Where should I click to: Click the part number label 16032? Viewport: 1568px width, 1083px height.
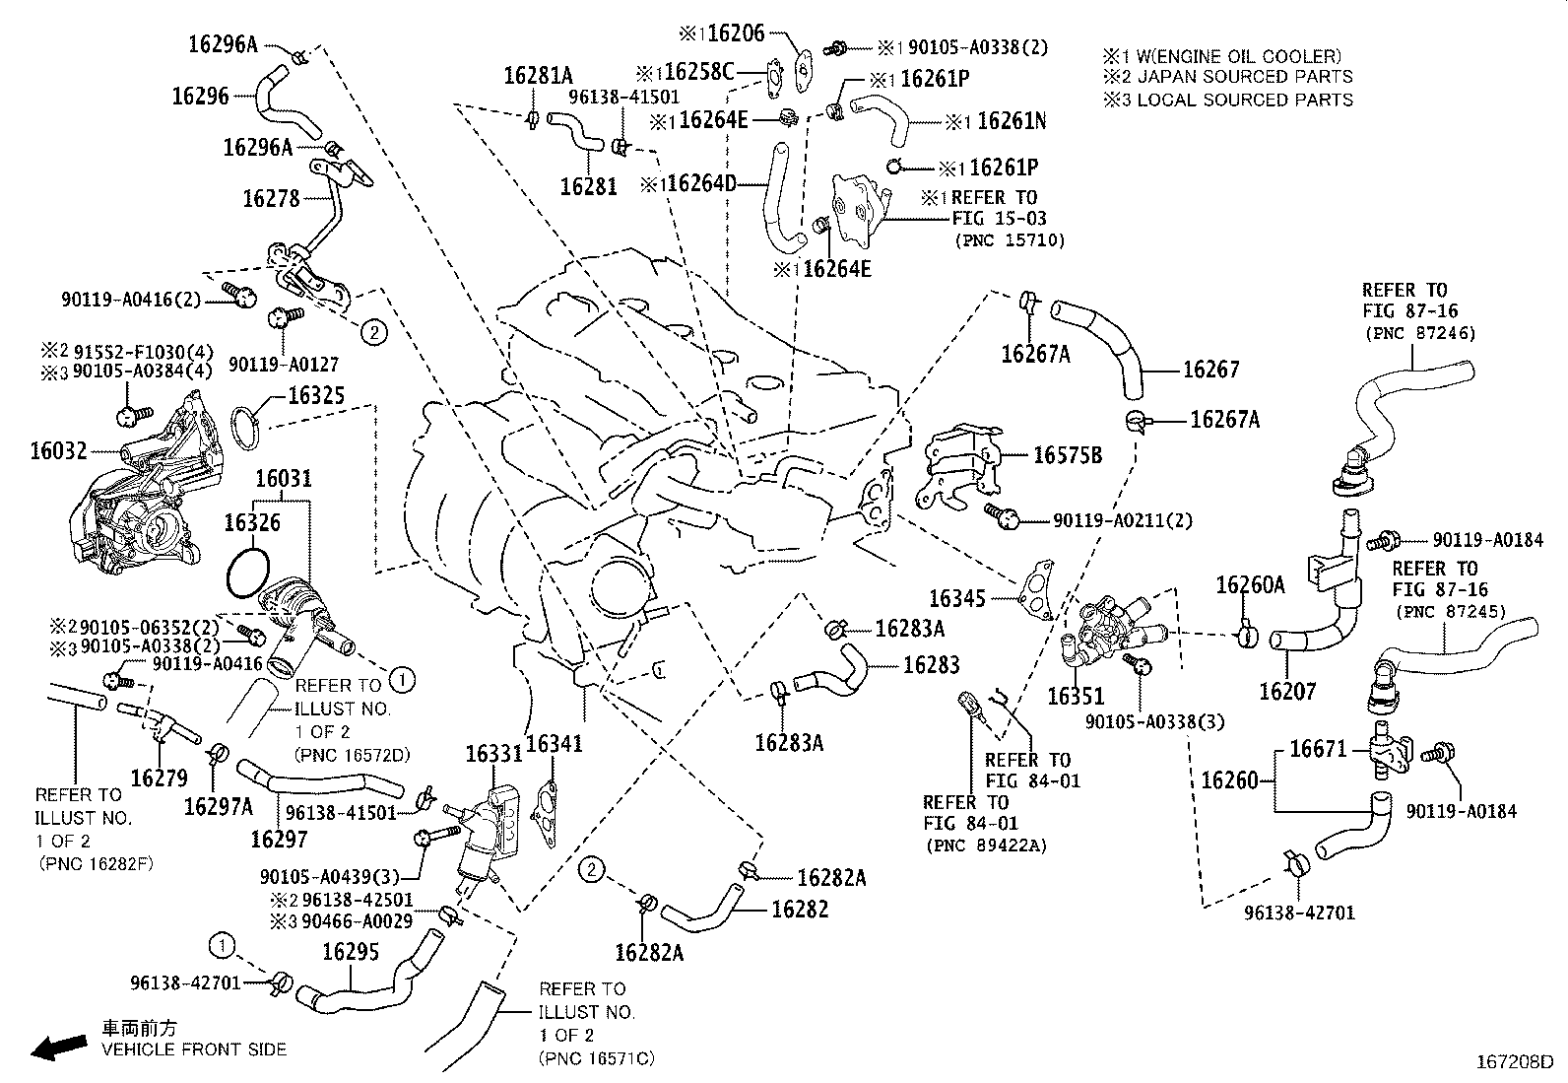[x=58, y=451]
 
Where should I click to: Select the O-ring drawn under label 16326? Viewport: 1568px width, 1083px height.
[x=247, y=575]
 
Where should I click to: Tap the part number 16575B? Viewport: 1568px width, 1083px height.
[x=1067, y=455]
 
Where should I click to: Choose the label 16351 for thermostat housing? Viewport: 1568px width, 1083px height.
[x=1076, y=696]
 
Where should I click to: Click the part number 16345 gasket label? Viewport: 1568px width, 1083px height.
[x=958, y=597]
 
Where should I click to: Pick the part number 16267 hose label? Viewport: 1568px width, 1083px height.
[x=1210, y=370]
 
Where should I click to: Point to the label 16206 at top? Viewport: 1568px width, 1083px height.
[x=736, y=34]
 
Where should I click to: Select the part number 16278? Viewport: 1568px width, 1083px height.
[x=271, y=199]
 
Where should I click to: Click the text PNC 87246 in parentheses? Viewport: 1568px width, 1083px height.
[x=1419, y=334]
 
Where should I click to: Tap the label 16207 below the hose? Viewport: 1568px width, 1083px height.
[x=1287, y=692]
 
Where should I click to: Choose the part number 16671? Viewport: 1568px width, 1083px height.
[x=1318, y=749]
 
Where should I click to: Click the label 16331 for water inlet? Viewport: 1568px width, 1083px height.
[x=493, y=754]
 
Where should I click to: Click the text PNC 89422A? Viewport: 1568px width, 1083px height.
[x=986, y=845]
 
